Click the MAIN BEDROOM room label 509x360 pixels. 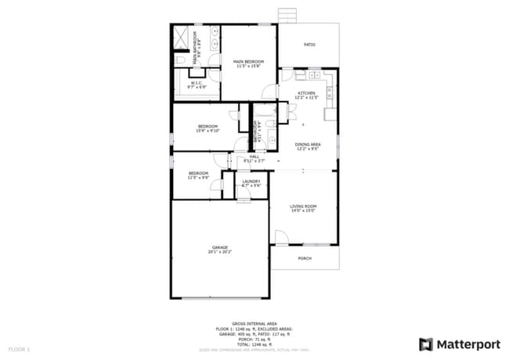[248, 62]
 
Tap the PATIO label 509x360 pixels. [309, 45]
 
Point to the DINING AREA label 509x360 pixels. [307, 145]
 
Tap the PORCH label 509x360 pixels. [305, 258]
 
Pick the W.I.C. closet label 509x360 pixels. [197, 84]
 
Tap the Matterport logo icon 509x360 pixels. [425, 344]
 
